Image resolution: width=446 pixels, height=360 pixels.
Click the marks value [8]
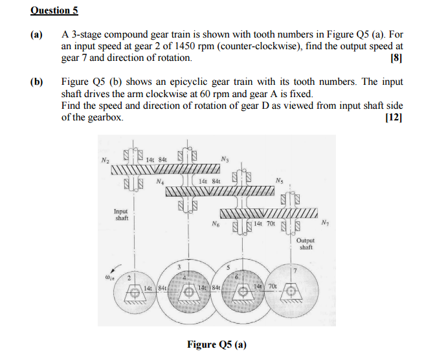tap(396, 58)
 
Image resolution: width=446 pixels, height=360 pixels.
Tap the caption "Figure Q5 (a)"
tap(217, 344)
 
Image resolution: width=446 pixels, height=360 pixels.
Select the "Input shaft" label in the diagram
tap(121, 214)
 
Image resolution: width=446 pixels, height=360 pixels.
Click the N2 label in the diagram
tap(106, 160)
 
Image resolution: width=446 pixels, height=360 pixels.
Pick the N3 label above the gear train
tap(225, 159)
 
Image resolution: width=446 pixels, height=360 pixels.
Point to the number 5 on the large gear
tap(228, 267)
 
